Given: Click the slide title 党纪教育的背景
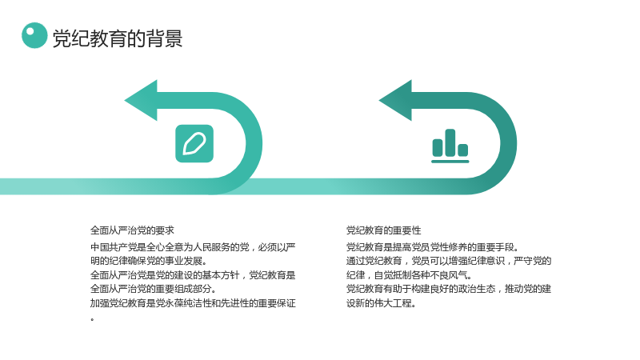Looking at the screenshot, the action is [118, 38].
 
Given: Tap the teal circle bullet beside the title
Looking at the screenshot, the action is [34, 35].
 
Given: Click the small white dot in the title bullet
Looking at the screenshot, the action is [30, 31].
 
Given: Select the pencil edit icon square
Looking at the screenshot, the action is [194, 143].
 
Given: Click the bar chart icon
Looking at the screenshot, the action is [450, 146].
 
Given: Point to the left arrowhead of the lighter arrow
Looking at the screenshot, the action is [141, 101].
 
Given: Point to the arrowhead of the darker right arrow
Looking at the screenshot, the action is [395, 101].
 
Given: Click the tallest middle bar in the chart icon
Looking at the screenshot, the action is [450, 142].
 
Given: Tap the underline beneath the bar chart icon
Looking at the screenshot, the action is [450, 162].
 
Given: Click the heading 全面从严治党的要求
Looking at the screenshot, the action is [132, 230].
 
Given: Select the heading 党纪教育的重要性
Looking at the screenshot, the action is [384, 230].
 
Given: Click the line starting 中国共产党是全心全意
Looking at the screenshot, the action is [193, 247].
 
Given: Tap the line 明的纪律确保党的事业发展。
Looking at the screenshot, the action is [149, 261].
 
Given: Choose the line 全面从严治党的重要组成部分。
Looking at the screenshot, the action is [154, 289].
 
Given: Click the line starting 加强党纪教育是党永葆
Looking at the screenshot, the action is [193, 303].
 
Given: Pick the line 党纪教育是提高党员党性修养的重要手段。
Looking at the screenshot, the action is [433, 247].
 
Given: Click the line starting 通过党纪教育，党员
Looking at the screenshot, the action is [449, 261].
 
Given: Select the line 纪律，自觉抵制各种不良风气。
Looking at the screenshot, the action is [410, 275].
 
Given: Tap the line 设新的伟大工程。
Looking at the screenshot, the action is [382, 303].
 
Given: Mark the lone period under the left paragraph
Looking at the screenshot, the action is [92, 319].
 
